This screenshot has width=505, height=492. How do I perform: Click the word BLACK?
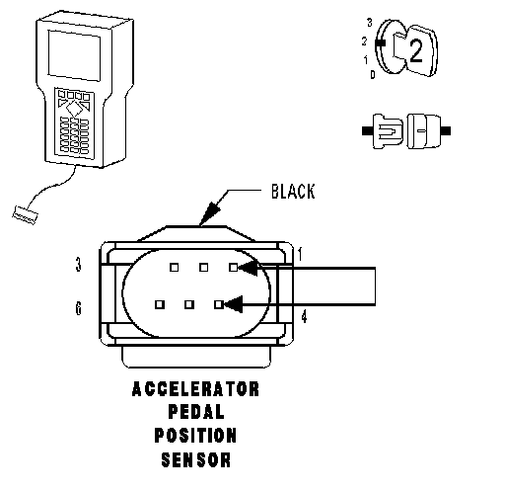tap(293, 192)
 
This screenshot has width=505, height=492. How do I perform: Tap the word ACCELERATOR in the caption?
tap(195, 389)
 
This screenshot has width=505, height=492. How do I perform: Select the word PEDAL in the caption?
tap(196, 412)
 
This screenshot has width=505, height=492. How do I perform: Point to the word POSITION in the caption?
tap(195, 435)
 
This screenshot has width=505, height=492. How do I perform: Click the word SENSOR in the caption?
tap(196, 459)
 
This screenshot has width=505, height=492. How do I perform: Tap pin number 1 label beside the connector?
tap(300, 254)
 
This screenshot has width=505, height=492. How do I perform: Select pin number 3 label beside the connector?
tap(78, 265)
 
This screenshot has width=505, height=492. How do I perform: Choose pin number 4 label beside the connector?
tap(304, 317)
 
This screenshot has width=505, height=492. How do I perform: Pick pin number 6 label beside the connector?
tap(78, 308)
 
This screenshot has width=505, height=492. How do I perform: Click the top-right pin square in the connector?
tap(234, 268)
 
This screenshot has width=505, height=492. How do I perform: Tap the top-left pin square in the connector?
tap(175, 268)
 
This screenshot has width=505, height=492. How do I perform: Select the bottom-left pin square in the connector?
tap(160, 304)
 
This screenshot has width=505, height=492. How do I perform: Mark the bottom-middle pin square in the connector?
tap(189, 304)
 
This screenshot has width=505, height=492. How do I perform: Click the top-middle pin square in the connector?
tap(204, 268)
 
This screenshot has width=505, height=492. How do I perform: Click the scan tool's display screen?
tap(74, 55)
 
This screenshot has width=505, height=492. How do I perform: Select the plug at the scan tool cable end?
tap(25, 215)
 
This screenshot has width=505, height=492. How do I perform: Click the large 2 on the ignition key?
tap(415, 51)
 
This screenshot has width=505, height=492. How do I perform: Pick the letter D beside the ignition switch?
tap(373, 74)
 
